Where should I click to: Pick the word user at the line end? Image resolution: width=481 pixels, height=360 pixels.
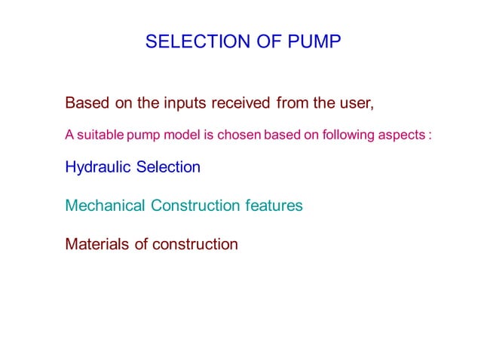[359, 102]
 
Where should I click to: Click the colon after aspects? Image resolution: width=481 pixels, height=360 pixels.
[429, 136]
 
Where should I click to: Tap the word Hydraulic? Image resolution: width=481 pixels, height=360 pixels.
[98, 168]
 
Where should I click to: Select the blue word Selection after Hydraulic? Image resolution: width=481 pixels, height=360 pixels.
[168, 167]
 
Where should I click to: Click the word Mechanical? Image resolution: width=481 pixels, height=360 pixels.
[106, 206]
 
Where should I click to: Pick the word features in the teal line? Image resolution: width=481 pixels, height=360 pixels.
[274, 206]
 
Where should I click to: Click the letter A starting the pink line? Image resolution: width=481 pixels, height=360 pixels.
[69, 136]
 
